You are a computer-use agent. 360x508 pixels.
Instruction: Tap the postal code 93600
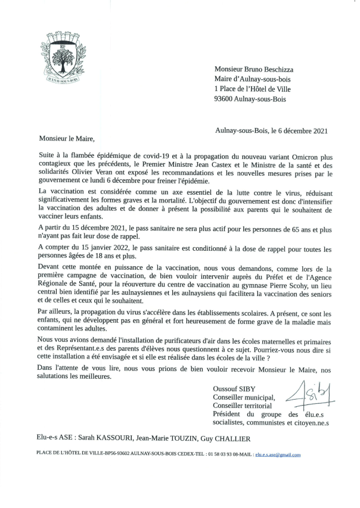tap(226, 99)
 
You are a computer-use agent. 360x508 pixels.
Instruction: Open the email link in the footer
tap(278, 454)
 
